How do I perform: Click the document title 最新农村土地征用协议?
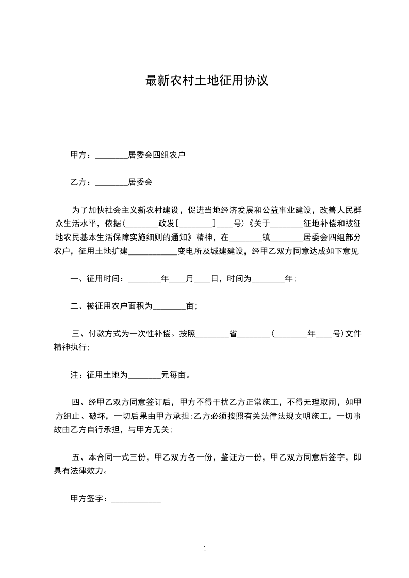pyautogui.click(x=206, y=81)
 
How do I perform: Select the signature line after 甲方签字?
pyautogui.click(x=136, y=500)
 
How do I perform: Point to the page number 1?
pyautogui.click(x=205, y=549)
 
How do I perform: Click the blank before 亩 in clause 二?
pyautogui.click(x=170, y=307)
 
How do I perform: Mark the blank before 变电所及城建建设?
pyautogui.click(x=152, y=252)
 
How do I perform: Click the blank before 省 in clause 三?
pyautogui.click(x=212, y=334)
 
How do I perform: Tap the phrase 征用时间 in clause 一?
pyautogui.click(x=104, y=279)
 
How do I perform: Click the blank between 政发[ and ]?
pyautogui.click(x=196, y=225)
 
